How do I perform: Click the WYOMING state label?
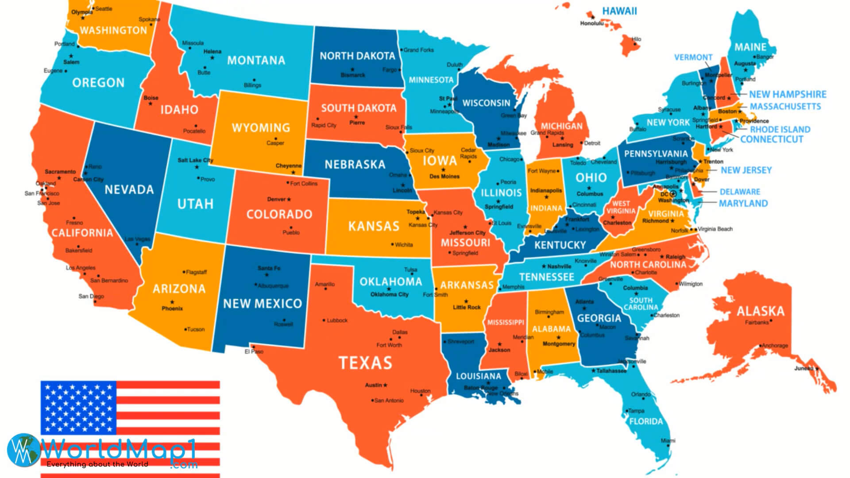pos(261,128)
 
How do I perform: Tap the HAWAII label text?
pos(619,11)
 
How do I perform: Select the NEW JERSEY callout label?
pos(746,170)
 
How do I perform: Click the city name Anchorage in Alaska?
pos(775,346)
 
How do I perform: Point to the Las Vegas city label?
pos(137,239)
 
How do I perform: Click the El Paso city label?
pos(254,352)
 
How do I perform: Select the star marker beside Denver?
pos(289,200)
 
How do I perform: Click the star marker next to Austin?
pos(385,385)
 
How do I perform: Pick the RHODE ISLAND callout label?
pos(780,130)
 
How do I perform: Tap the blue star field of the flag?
pos(78,408)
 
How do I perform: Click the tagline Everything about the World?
pos(97,464)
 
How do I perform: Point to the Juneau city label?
pos(804,369)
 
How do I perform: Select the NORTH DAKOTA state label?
pos(357,56)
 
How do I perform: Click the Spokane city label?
pos(149,19)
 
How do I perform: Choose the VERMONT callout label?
pos(693,58)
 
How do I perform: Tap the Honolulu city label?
pos(592,23)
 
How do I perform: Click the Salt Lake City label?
pos(195,160)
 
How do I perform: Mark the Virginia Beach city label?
pos(715,229)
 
